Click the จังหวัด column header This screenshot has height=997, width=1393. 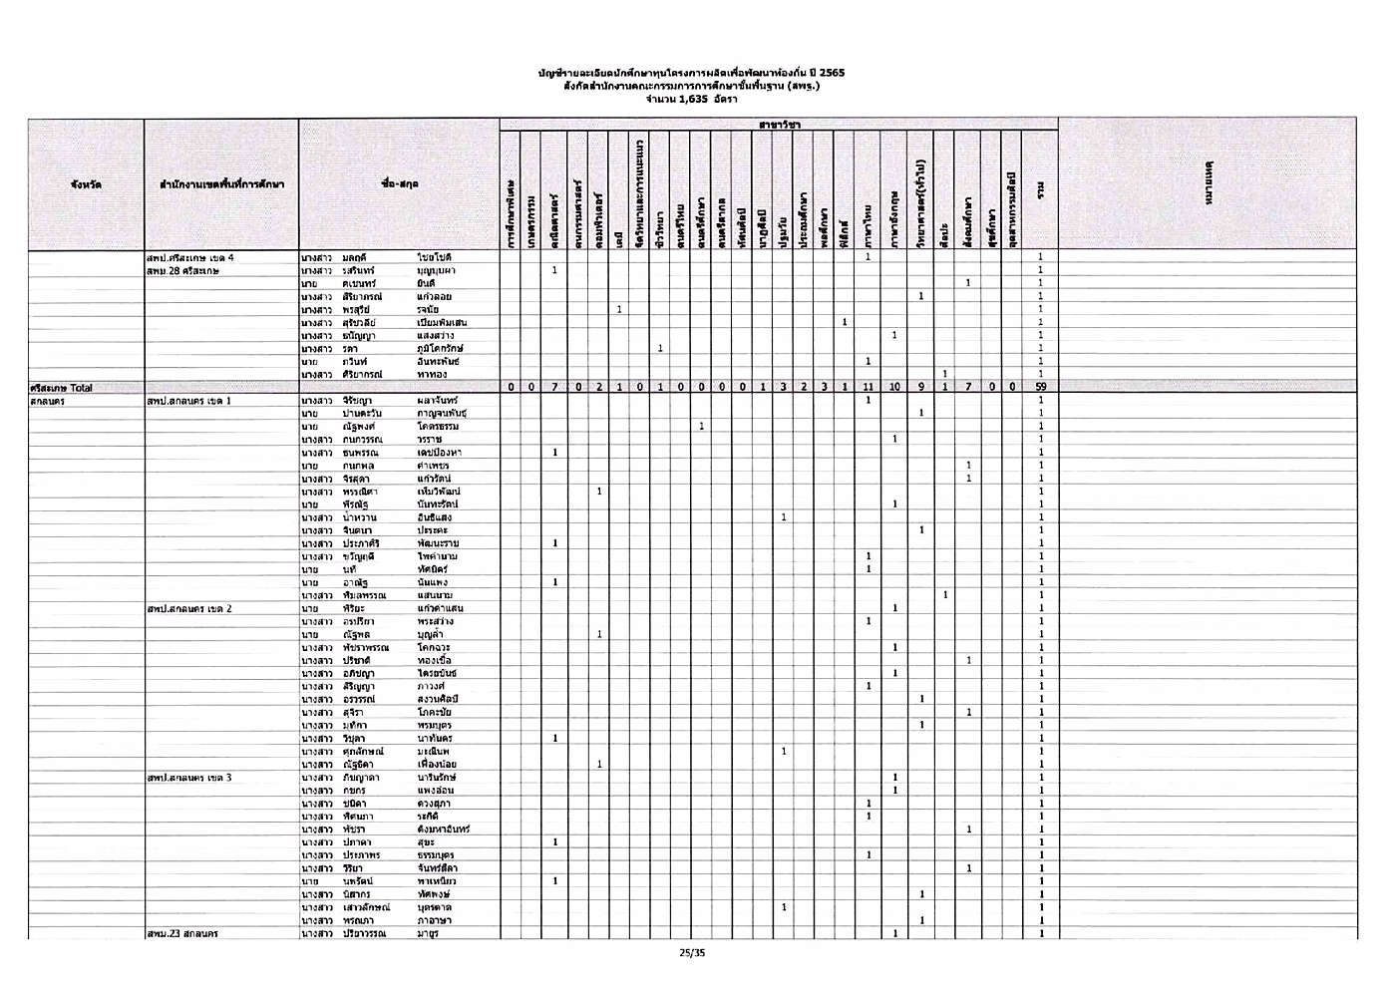(x=86, y=184)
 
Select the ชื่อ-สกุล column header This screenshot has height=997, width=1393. (x=399, y=184)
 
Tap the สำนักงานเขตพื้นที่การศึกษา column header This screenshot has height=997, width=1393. (x=221, y=184)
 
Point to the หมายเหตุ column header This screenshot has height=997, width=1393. (x=1208, y=184)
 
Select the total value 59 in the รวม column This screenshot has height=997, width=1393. (x=1039, y=387)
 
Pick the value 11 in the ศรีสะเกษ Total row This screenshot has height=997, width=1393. (x=869, y=387)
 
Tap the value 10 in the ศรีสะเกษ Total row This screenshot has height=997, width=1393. (x=894, y=387)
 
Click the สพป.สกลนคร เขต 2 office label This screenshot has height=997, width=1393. (x=189, y=608)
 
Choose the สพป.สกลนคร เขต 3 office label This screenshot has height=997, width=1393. (x=189, y=777)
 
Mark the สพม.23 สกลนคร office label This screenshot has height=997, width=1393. (x=182, y=933)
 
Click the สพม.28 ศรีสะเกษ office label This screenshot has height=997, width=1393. (x=182, y=270)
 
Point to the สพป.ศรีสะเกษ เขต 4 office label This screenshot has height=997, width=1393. (x=190, y=257)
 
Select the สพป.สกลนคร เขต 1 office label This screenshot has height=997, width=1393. (x=189, y=400)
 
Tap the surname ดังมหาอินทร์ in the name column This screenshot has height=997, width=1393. (x=444, y=829)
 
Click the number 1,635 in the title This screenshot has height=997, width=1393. (x=685, y=99)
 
